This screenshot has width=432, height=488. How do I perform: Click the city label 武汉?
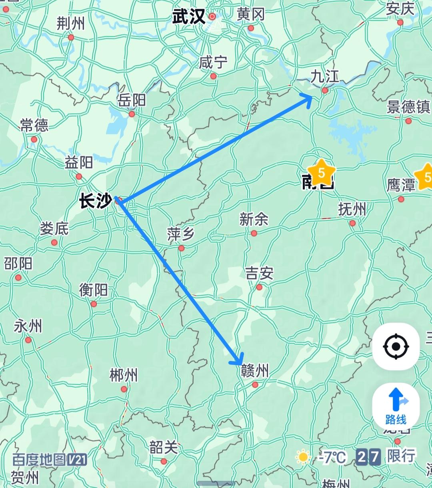(x=188, y=17)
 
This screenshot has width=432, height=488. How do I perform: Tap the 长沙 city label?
(x=95, y=200)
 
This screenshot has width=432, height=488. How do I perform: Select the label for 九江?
(x=325, y=76)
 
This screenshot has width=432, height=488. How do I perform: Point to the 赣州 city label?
(x=255, y=371)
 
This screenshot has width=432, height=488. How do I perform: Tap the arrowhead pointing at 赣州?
(x=238, y=360)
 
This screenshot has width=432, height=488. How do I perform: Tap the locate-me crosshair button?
(x=396, y=346)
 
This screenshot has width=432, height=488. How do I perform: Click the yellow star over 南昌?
(x=321, y=173)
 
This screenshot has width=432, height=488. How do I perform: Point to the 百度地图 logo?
(x=49, y=460)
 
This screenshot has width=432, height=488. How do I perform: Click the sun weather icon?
(x=303, y=457)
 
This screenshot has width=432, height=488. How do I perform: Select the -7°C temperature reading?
(x=332, y=457)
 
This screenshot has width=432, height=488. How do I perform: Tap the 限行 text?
(x=401, y=456)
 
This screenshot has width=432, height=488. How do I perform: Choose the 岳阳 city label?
(x=132, y=100)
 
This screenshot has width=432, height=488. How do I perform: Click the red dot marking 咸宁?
(x=213, y=76)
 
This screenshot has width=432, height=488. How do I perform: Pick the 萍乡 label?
(x=181, y=234)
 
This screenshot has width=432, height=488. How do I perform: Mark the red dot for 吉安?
(x=259, y=287)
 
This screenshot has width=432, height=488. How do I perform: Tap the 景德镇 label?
(x=408, y=107)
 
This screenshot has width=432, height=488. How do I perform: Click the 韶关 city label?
(x=164, y=447)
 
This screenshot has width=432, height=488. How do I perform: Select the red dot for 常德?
(x=34, y=139)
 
